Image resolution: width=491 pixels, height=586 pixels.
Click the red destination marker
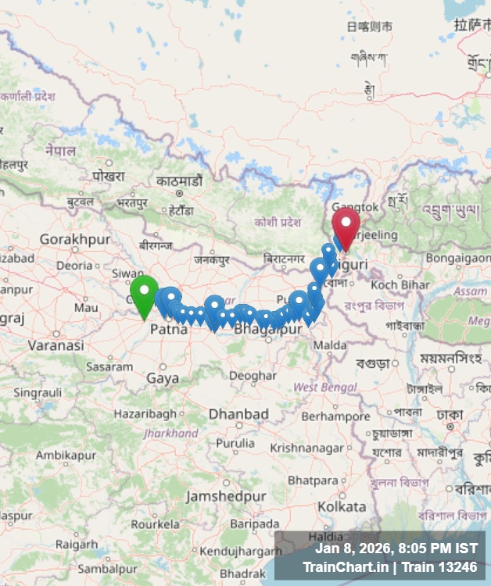tap(346, 226)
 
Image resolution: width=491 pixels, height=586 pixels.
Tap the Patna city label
tap(169, 330)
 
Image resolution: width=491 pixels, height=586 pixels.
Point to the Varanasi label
tap(56, 345)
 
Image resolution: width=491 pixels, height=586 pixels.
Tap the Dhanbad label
tap(238, 413)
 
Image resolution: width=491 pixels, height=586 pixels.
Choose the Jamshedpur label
tap(226, 496)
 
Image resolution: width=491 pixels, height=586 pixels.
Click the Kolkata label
tap(342, 506)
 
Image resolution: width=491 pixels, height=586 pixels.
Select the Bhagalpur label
tap(268, 331)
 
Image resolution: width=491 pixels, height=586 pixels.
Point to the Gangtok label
tap(356, 206)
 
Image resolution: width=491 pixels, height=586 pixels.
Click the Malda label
tap(330, 345)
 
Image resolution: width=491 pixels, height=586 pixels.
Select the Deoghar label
tap(253, 376)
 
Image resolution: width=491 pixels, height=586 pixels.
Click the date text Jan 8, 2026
tap(354, 548)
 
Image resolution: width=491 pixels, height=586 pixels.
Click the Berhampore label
tap(335, 416)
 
